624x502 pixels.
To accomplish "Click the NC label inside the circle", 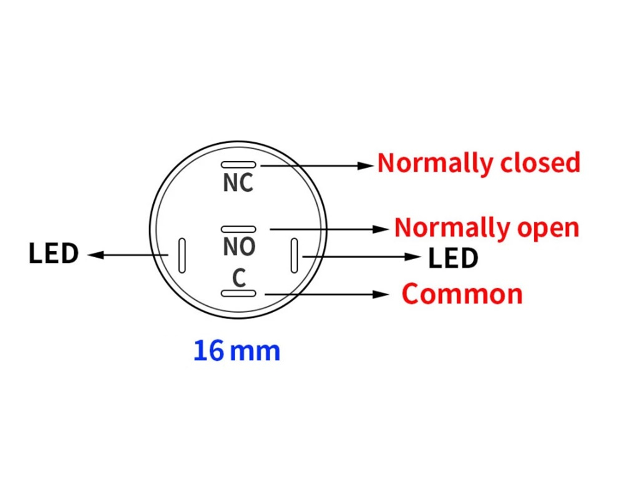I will [x=238, y=184].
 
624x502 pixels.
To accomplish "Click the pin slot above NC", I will [x=238, y=165].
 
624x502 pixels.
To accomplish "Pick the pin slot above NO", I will [x=238, y=229].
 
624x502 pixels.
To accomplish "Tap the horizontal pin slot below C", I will [x=238, y=293].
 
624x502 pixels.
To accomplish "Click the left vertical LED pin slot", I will [x=182, y=255].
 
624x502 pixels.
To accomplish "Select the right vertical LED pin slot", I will [x=295, y=255].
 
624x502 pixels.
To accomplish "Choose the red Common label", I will [x=462, y=294].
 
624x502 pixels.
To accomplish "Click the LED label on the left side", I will [x=54, y=254].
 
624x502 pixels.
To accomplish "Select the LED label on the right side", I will [x=453, y=258].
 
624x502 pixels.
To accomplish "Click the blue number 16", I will [x=208, y=351].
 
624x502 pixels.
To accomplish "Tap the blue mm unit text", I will [x=255, y=352].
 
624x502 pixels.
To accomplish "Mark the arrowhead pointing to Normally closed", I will [x=368, y=165].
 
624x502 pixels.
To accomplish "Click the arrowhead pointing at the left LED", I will [x=94, y=255].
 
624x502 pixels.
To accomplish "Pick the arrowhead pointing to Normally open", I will [x=382, y=229].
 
